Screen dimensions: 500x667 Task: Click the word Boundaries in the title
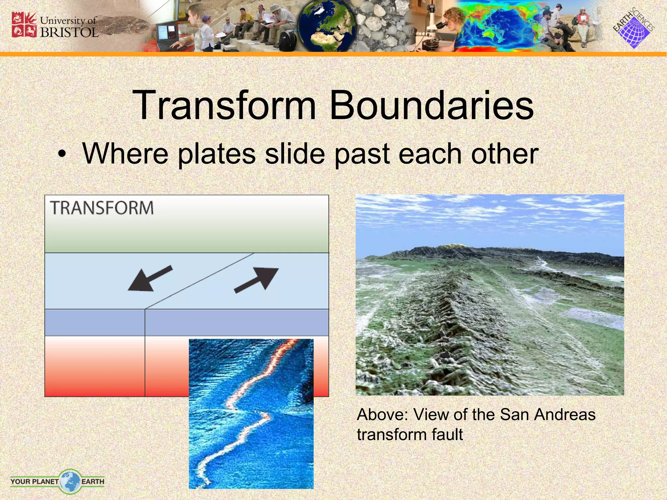pyautogui.click(x=432, y=106)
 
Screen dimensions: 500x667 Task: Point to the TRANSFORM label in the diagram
pyautogui.click(x=102, y=208)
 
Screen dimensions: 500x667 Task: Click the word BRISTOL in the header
pyautogui.click(x=69, y=32)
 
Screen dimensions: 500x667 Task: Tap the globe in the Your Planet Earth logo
pyautogui.click(x=70, y=481)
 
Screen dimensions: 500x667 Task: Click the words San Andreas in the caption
pyautogui.click(x=547, y=415)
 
